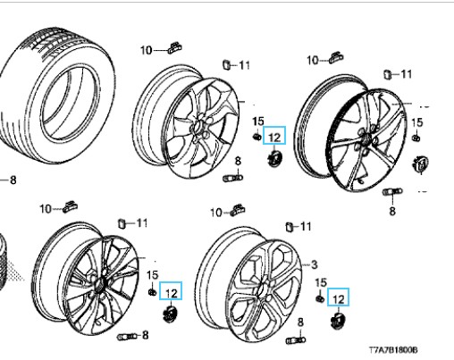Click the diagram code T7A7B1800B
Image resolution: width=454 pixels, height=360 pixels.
coord(393,350)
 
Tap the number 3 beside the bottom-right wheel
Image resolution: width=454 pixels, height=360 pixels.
coord(314,264)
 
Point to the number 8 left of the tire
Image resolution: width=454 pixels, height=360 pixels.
coord(13,180)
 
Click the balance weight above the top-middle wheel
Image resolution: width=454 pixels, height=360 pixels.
coord(174,47)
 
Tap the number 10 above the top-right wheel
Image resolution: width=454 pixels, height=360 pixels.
coord(313,61)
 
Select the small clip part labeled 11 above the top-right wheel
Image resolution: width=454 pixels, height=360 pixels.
coord(387,74)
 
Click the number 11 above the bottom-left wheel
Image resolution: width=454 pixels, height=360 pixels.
coord(141,222)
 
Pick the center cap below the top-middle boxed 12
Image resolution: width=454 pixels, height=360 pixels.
coord(274,159)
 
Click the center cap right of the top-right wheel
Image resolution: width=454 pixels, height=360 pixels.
coord(421,164)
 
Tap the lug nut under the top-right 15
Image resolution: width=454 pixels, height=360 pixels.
coord(416,138)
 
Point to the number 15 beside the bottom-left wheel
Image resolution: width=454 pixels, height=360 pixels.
coord(153,274)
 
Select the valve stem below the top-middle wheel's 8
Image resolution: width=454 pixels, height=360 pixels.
coord(232,178)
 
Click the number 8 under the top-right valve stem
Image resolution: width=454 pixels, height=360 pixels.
coord(392,211)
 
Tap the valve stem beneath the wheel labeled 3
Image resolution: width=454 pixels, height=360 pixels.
coord(296,340)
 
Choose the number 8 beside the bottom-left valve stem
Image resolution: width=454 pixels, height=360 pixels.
coord(145,335)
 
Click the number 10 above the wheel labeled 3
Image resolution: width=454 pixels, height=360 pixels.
coord(216,213)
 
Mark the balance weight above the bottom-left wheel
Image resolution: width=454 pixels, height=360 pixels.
coord(71,206)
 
